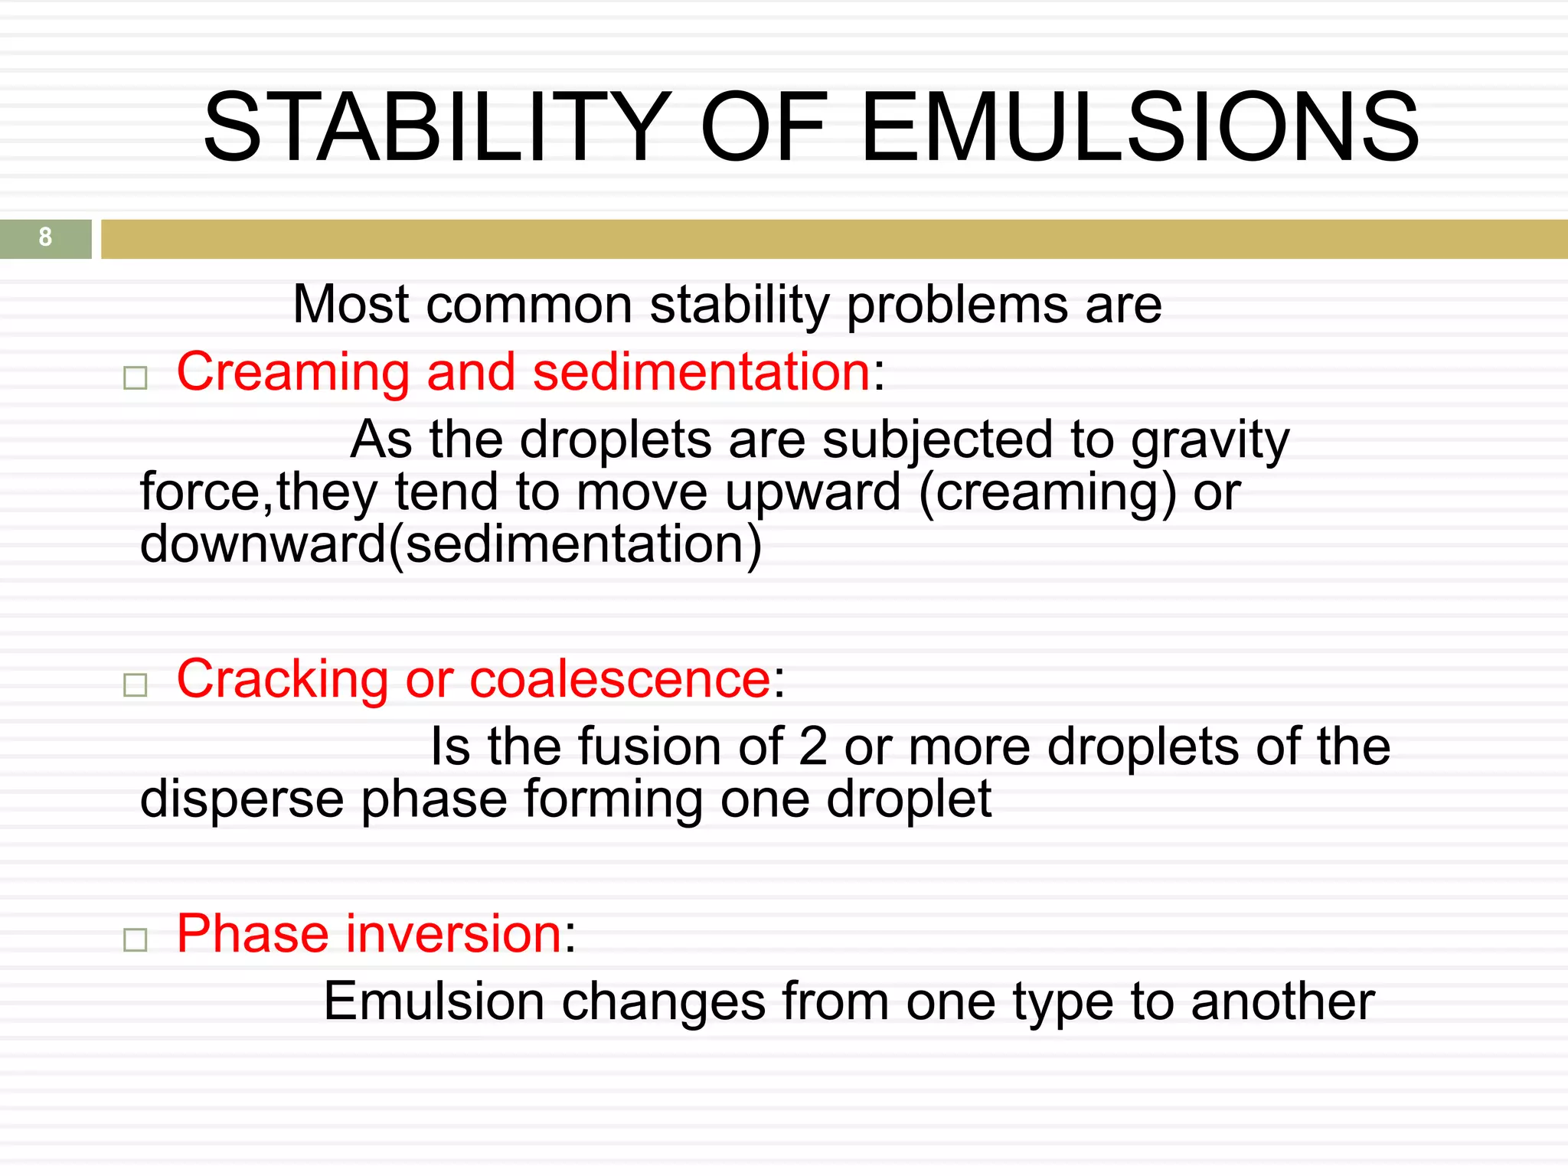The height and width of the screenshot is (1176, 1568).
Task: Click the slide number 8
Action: click(x=45, y=237)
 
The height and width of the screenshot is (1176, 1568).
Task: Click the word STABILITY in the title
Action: click(x=436, y=128)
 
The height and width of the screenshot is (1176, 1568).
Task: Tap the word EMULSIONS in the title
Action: click(x=1141, y=128)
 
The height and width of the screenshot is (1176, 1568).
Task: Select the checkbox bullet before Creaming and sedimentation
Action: click(x=136, y=378)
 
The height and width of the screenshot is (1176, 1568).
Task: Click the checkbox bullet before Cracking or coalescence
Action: click(x=136, y=684)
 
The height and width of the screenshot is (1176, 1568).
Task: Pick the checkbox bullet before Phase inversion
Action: click(x=136, y=939)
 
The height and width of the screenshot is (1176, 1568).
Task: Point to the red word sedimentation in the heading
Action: click(x=701, y=372)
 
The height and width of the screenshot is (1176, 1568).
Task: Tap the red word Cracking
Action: click(x=283, y=680)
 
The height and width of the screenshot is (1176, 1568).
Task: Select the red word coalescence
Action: click(x=620, y=680)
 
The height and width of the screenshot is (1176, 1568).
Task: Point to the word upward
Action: click(x=812, y=494)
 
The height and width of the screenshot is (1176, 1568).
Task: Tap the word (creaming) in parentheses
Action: click(x=1047, y=494)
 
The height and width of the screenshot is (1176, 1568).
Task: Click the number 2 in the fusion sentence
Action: click(x=812, y=747)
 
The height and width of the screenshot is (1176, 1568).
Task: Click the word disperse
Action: click(x=242, y=799)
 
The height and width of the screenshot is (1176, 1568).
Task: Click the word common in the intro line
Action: click(x=529, y=305)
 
